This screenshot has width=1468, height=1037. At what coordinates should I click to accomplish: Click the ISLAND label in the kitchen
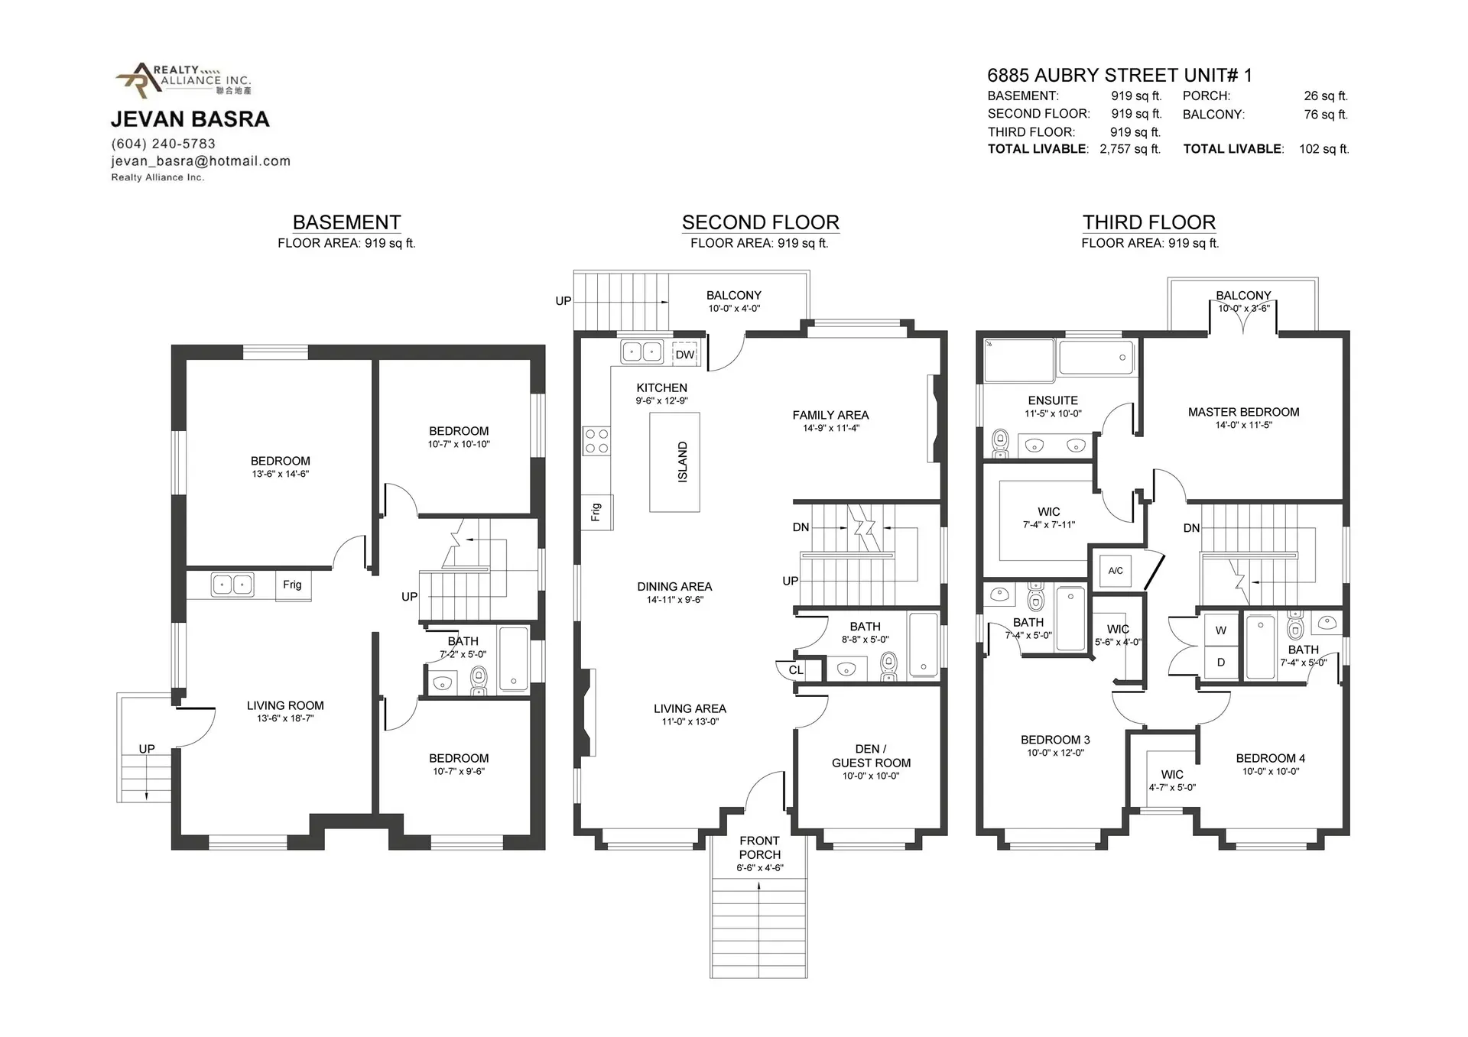(x=682, y=462)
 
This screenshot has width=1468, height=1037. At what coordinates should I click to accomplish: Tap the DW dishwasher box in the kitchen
(x=685, y=355)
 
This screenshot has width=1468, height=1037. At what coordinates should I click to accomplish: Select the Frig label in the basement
(x=292, y=585)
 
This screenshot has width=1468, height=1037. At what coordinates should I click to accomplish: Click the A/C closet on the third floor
(x=1116, y=571)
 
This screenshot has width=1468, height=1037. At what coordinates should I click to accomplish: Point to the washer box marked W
(x=1221, y=630)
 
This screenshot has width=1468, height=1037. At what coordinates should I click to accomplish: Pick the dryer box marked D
(x=1221, y=663)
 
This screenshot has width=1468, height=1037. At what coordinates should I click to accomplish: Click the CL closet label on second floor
(x=796, y=670)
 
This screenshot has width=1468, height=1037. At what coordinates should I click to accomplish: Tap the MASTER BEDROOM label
(x=1243, y=412)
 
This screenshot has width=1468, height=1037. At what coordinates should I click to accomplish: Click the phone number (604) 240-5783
(x=164, y=144)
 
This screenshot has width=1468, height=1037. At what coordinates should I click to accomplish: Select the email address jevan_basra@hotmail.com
(x=200, y=161)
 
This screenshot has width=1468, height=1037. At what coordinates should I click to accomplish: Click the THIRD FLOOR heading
(x=1148, y=222)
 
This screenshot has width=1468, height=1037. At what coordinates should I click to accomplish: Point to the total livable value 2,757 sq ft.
(x=1129, y=149)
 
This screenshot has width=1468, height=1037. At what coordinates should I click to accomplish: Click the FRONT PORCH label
(x=759, y=847)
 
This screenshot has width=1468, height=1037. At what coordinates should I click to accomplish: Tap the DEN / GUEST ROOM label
(x=871, y=756)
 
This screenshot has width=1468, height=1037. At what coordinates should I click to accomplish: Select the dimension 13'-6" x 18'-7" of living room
(x=285, y=718)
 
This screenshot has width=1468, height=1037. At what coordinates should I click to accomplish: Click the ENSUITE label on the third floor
(x=1053, y=400)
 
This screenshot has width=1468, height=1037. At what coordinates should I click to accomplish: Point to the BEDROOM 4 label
(x=1270, y=758)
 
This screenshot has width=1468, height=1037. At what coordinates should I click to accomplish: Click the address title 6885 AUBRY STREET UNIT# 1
(x=1119, y=75)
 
